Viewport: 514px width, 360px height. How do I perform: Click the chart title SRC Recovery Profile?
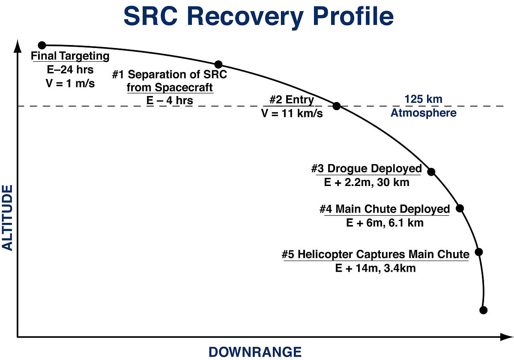[x=259, y=17]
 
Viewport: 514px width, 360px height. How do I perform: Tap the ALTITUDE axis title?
[x=7, y=218]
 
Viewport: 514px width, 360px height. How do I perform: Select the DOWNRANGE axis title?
[x=255, y=352]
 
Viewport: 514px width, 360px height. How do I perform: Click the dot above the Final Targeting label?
[x=42, y=45]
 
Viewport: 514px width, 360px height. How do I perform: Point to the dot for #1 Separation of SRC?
[x=218, y=65]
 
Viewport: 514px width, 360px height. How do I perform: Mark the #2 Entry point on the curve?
[x=337, y=106]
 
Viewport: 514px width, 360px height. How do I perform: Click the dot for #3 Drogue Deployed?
[x=431, y=172]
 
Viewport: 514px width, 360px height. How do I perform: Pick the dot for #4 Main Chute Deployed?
[x=460, y=208]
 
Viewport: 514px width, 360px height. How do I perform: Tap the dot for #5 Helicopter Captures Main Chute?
[x=479, y=252]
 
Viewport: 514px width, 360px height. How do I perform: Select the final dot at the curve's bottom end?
[x=484, y=310]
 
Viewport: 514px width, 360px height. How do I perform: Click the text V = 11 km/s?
[x=292, y=114]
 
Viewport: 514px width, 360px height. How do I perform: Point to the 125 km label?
[x=423, y=99]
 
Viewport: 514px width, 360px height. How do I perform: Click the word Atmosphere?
[x=424, y=113]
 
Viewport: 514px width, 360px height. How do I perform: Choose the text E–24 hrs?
[x=70, y=69]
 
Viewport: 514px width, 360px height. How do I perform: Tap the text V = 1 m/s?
[x=70, y=83]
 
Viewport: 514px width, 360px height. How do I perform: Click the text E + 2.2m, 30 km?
[x=367, y=183]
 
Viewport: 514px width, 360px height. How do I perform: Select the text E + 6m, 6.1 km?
[x=385, y=223]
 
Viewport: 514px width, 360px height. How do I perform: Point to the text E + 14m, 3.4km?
[x=375, y=268]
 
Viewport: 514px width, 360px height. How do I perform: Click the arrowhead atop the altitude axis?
[x=18, y=46]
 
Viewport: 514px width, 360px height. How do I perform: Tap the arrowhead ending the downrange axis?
[x=507, y=337]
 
